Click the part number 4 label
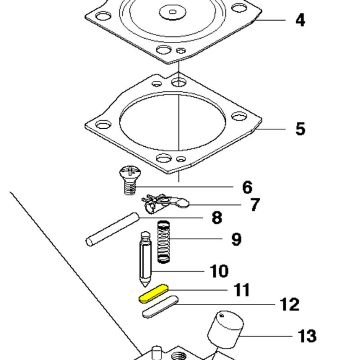(x=300, y=20)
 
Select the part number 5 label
(x=300, y=129)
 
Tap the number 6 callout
(x=247, y=187)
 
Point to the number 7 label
(x=255, y=205)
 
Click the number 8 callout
(x=217, y=218)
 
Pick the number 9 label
(x=236, y=239)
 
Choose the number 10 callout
(x=219, y=271)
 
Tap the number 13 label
(x=307, y=336)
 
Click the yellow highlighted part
(x=154, y=294)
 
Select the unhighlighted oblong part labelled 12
(x=160, y=307)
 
